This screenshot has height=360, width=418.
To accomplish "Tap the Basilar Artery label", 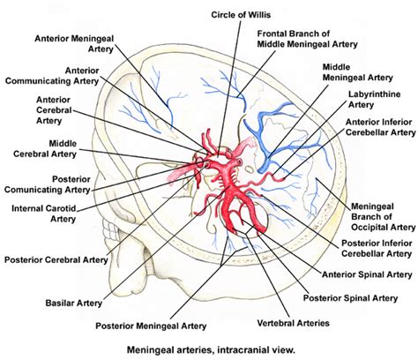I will (66, 302).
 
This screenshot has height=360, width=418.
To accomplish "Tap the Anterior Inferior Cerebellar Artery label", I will (378, 125).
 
